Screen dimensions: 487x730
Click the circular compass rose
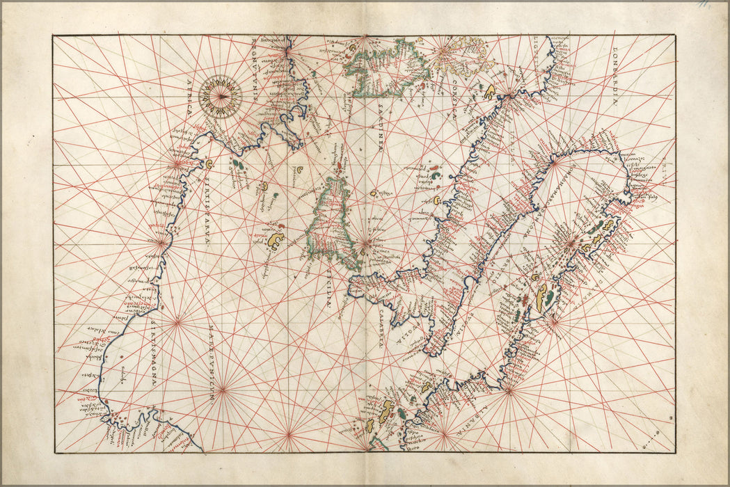(x=220, y=96)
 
